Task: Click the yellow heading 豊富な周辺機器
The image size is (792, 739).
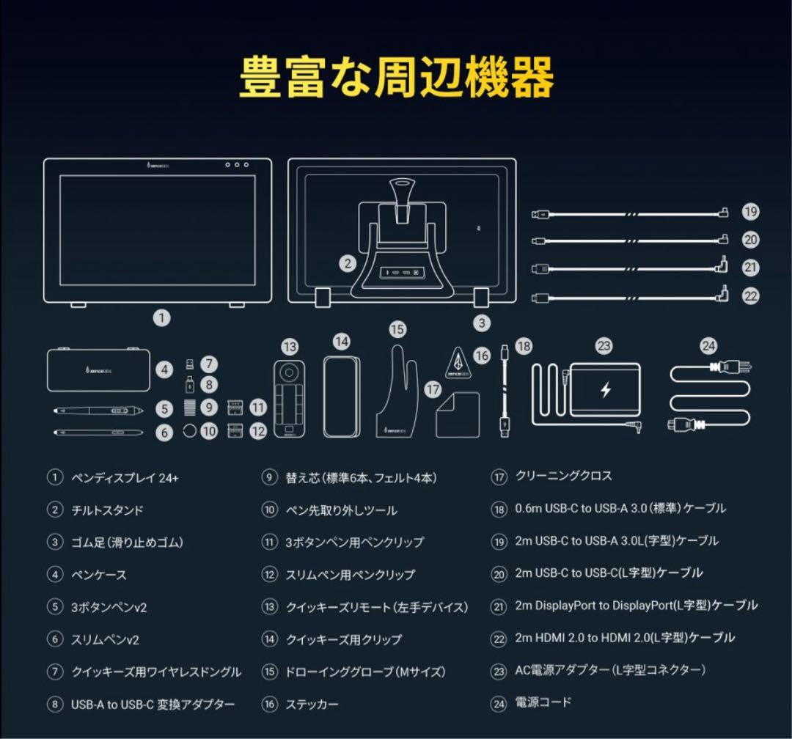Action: pyautogui.click(x=396, y=76)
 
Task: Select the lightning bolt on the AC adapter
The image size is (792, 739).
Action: pyautogui.click(x=605, y=390)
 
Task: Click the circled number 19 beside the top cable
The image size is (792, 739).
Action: pyautogui.click(x=749, y=212)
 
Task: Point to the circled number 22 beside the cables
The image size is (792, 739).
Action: pyautogui.click(x=749, y=295)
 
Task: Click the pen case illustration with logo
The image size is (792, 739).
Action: pyautogui.click(x=98, y=369)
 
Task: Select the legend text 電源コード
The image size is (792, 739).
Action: pyautogui.click(x=543, y=702)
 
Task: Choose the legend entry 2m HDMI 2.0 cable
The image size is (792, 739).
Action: pyautogui.click(x=624, y=638)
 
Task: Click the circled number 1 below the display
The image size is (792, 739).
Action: pyautogui.click(x=162, y=318)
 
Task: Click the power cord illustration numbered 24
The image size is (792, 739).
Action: pyautogui.click(x=710, y=396)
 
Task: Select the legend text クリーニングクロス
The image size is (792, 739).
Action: pyautogui.click(x=563, y=477)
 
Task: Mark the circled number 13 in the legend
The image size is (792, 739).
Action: pyautogui.click(x=270, y=607)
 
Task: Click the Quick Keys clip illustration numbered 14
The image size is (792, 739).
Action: pyautogui.click(x=342, y=396)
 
